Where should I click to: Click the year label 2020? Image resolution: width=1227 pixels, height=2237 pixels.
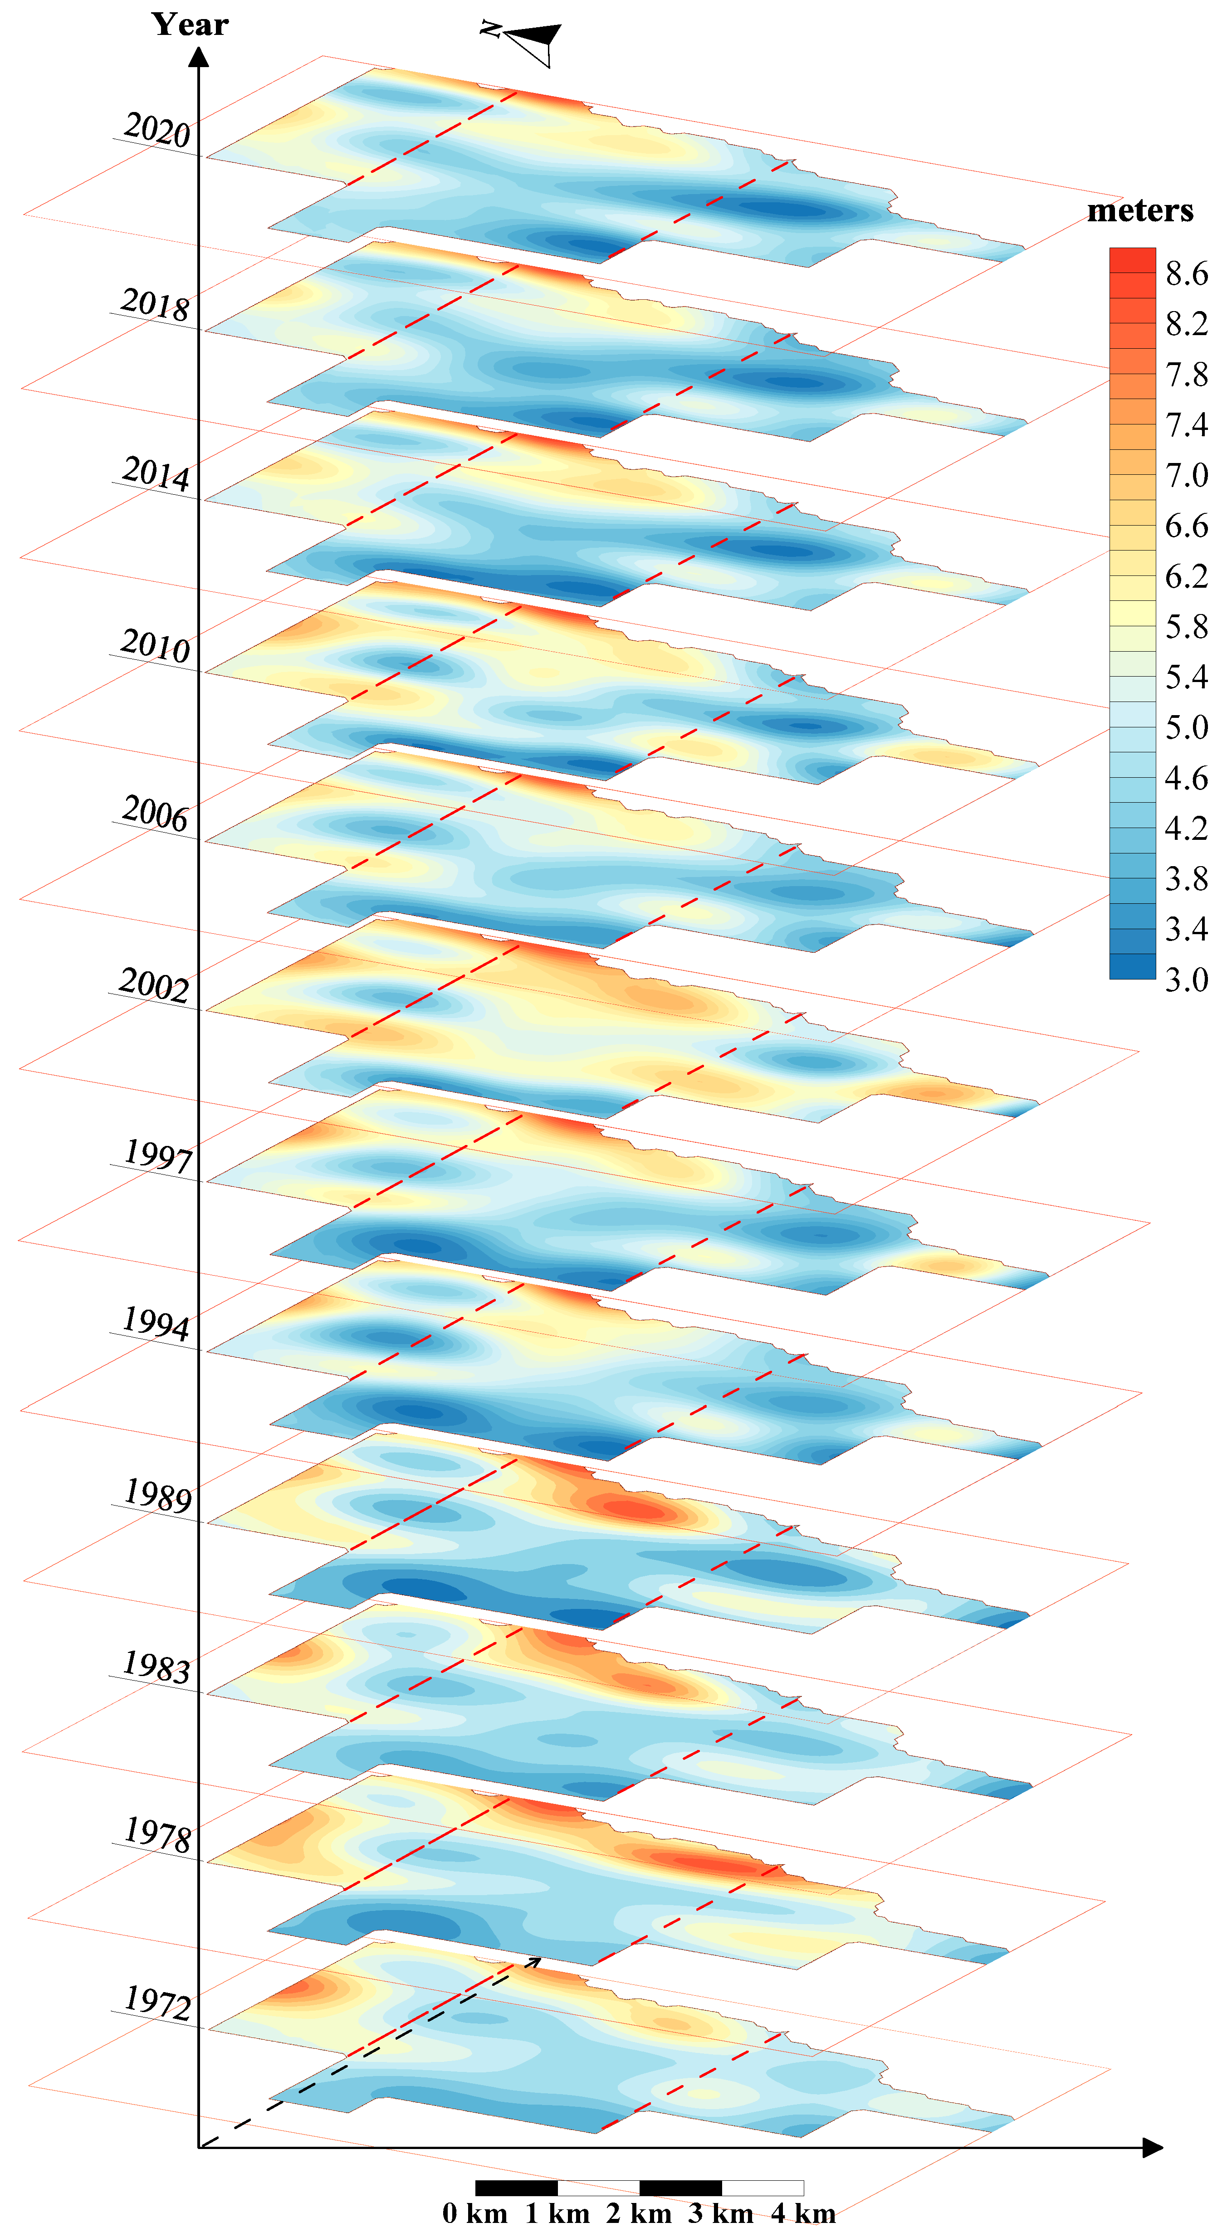[x=156, y=130]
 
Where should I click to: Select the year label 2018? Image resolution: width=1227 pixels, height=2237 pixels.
[x=155, y=305]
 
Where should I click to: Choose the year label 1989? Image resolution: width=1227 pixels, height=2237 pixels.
[x=157, y=1496]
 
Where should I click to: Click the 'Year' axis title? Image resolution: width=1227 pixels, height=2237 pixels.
[x=190, y=24]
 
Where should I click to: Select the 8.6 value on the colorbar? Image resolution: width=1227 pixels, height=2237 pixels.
[x=1186, y=273]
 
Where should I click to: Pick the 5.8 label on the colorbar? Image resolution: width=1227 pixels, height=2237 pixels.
[x=1186, y=626]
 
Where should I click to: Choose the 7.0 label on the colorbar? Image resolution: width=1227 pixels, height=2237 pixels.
[x=1186, y=475]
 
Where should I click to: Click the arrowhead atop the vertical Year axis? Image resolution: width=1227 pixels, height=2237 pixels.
[x=199, y=57]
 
